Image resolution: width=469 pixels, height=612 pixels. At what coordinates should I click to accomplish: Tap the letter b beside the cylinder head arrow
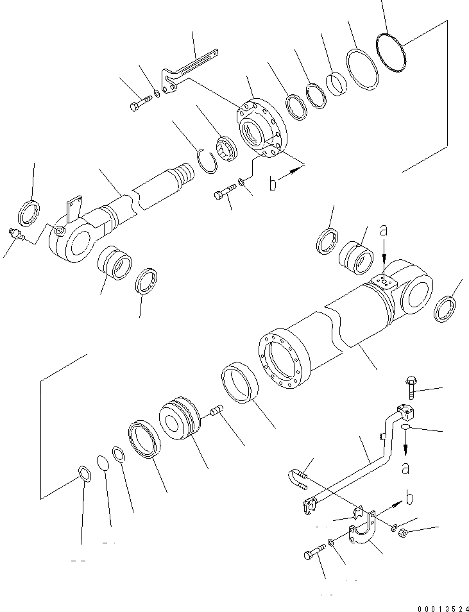[273, 184]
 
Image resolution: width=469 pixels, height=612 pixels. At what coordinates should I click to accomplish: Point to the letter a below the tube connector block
[405, 468]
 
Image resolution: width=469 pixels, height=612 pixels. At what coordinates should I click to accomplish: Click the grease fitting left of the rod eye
[17, 235]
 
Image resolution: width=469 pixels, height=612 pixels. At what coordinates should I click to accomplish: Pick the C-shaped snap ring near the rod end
[206, 158]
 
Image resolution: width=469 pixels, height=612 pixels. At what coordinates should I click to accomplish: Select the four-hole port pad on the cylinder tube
[384, 282]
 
